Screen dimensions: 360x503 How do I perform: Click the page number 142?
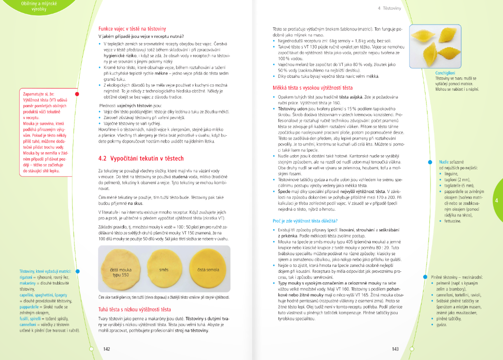coord(106,349)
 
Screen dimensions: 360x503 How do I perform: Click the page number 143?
coord(396,349)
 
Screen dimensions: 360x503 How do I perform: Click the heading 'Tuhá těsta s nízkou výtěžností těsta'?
coord(134,310)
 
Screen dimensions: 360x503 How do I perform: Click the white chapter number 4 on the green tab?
coord(496,200)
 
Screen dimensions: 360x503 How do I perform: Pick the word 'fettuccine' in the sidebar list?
coord(453,221)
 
